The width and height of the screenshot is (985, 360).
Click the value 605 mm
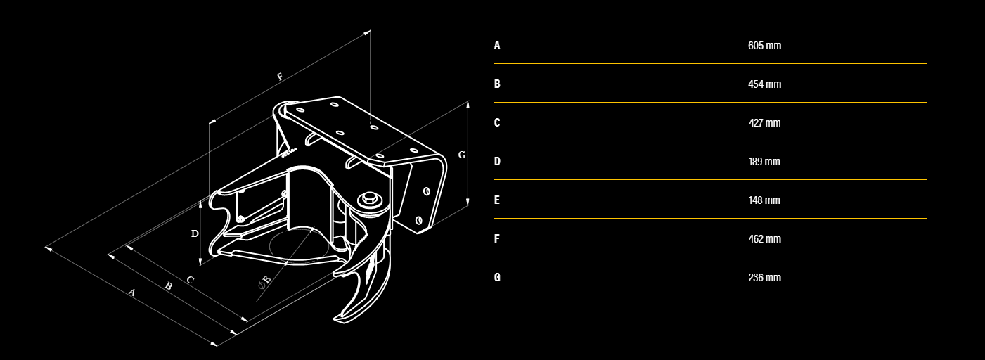[764, 46]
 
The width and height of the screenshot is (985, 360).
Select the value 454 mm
[764, 84]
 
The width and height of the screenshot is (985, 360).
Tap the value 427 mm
[764, 123]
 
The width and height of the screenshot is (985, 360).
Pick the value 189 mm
[764, 162]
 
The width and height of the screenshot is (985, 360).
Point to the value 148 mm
[764, 200]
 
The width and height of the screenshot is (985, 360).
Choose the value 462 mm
[764, 239]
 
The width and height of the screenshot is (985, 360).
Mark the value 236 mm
[764, 278]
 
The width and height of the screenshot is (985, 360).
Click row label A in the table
[497, 46]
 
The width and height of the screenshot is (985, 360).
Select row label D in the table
[497, 162]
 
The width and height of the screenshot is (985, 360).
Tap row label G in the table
[497, 278]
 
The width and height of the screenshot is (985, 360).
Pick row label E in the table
[497, 200]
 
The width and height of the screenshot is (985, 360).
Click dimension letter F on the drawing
[280, 77]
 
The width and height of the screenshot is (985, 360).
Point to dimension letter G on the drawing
[462, 155]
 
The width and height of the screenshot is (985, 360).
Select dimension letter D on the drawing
[195, 233]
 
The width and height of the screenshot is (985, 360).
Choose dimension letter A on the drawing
[131, 292]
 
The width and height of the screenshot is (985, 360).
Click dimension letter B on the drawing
[168, 286]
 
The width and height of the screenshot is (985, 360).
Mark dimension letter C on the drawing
[190, 280]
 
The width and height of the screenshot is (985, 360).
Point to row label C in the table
[497, 123]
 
